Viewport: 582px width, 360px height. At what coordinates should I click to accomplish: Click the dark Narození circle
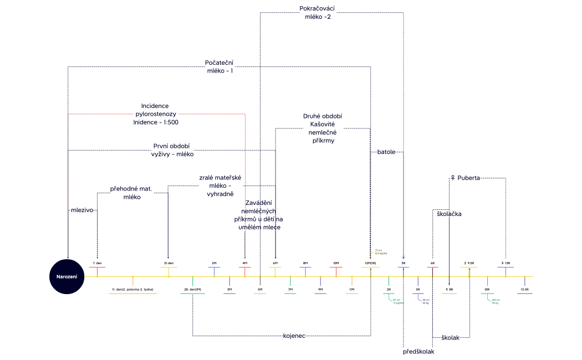tap(68, 276)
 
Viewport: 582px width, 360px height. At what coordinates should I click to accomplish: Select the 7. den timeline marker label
tap(97, 263)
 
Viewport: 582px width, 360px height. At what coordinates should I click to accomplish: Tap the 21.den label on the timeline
tap(169, 263)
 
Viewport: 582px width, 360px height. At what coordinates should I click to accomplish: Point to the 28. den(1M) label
tap(192, 289)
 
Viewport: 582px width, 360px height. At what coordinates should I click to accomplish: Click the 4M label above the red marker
tap(244, 263)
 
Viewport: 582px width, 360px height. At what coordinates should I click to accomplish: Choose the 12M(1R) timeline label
tap(370, 263)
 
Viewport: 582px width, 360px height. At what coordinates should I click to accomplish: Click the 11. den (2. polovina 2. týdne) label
tap(132, 289)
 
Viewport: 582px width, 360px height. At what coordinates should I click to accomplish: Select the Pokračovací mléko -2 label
tap(317, 13)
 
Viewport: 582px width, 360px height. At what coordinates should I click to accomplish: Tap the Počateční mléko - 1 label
tap(219, 66)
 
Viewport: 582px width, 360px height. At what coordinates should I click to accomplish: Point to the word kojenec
tap(294, 336)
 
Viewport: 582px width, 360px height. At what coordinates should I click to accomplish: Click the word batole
tap(386, 152)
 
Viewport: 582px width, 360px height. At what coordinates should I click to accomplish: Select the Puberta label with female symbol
tap(465, 178)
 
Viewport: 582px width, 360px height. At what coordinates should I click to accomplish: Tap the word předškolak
tap(418, 352)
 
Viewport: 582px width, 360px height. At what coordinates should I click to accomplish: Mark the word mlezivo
tap(81, 210)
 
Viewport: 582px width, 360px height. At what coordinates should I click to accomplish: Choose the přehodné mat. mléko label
tap(132, 193)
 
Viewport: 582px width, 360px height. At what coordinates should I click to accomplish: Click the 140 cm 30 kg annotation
tap(495, 302)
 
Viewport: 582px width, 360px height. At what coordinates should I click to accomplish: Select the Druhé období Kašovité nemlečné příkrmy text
tap(322, 128)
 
